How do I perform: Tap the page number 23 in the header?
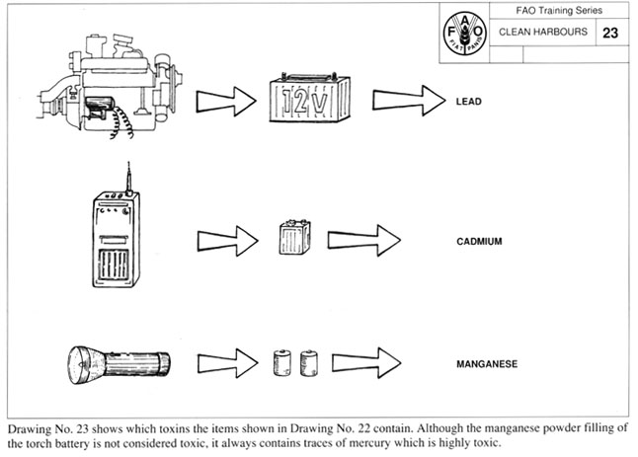pos(610,33)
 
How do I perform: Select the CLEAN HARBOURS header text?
pos(543,33)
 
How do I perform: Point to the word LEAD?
pos(469,101)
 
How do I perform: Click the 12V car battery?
pos(311,100)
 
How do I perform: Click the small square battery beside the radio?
pos(294,238)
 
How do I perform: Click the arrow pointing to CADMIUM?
pos(362,240)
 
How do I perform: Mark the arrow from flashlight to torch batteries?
pos(227,362)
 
